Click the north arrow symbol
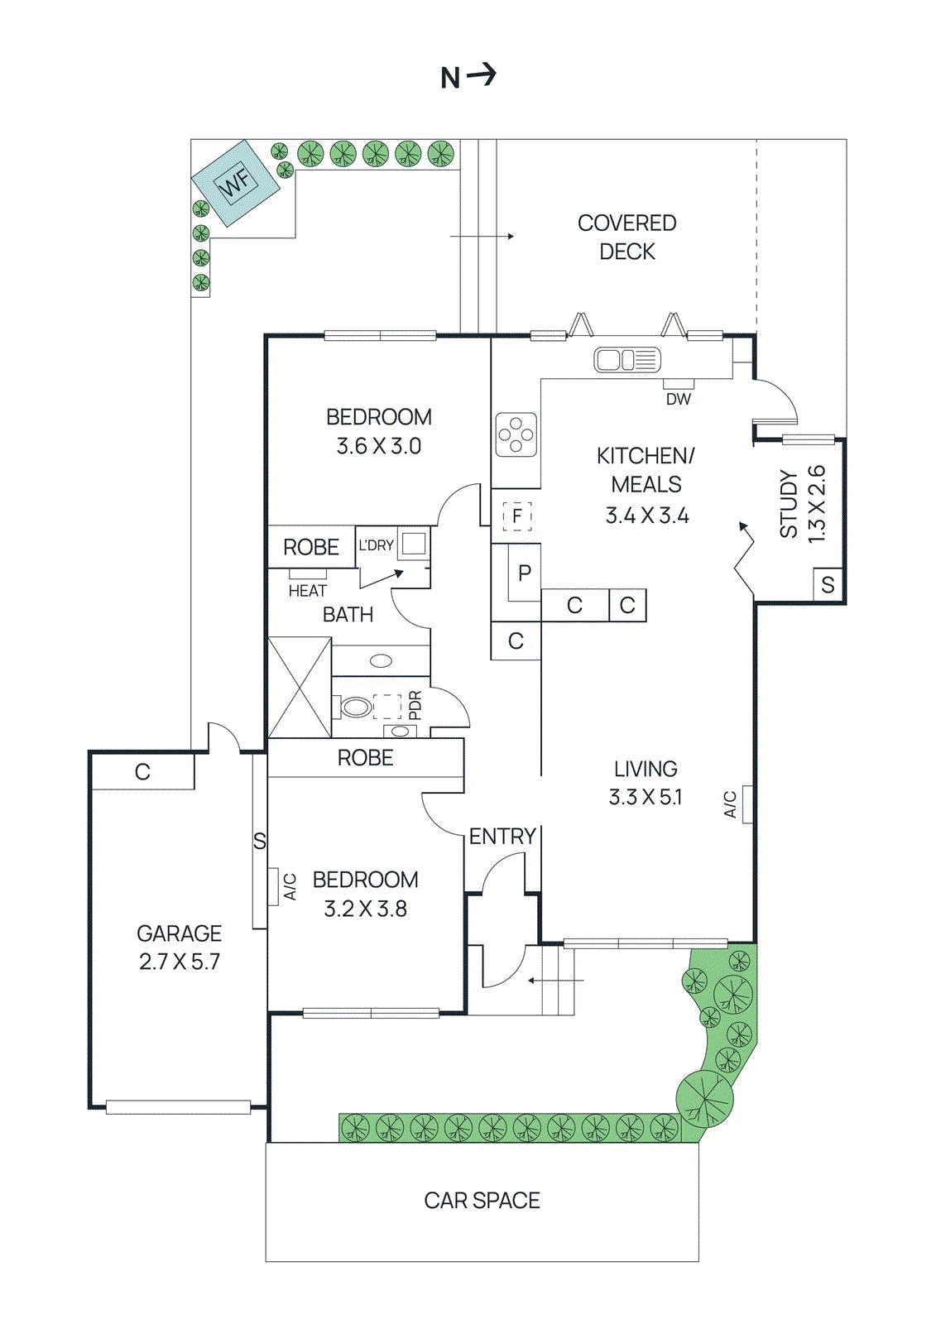(468, 76)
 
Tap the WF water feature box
(236, 182)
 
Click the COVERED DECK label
(626, 237)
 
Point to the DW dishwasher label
(678, 399)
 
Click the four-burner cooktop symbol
(516, 434)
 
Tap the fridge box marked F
(516, 516)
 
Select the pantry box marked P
(524, 573)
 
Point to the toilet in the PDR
(355, 707)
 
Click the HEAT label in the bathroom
(307, 591)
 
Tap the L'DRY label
(376, 545)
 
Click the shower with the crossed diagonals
(300, 688)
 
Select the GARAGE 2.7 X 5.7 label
(179, 947)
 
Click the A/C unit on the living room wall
(746, 804)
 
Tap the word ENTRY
(502, 837)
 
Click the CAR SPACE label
(482, 1201)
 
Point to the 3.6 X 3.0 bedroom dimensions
(378, 446)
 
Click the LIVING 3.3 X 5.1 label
(646, 783)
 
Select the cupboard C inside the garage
(142, 772)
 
